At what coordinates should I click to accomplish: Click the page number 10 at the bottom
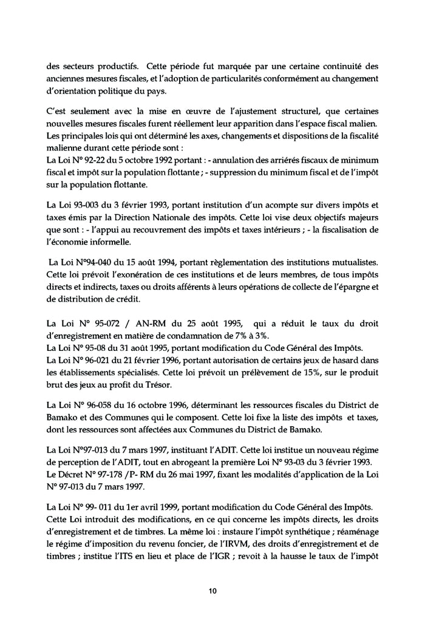coord(212,590)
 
